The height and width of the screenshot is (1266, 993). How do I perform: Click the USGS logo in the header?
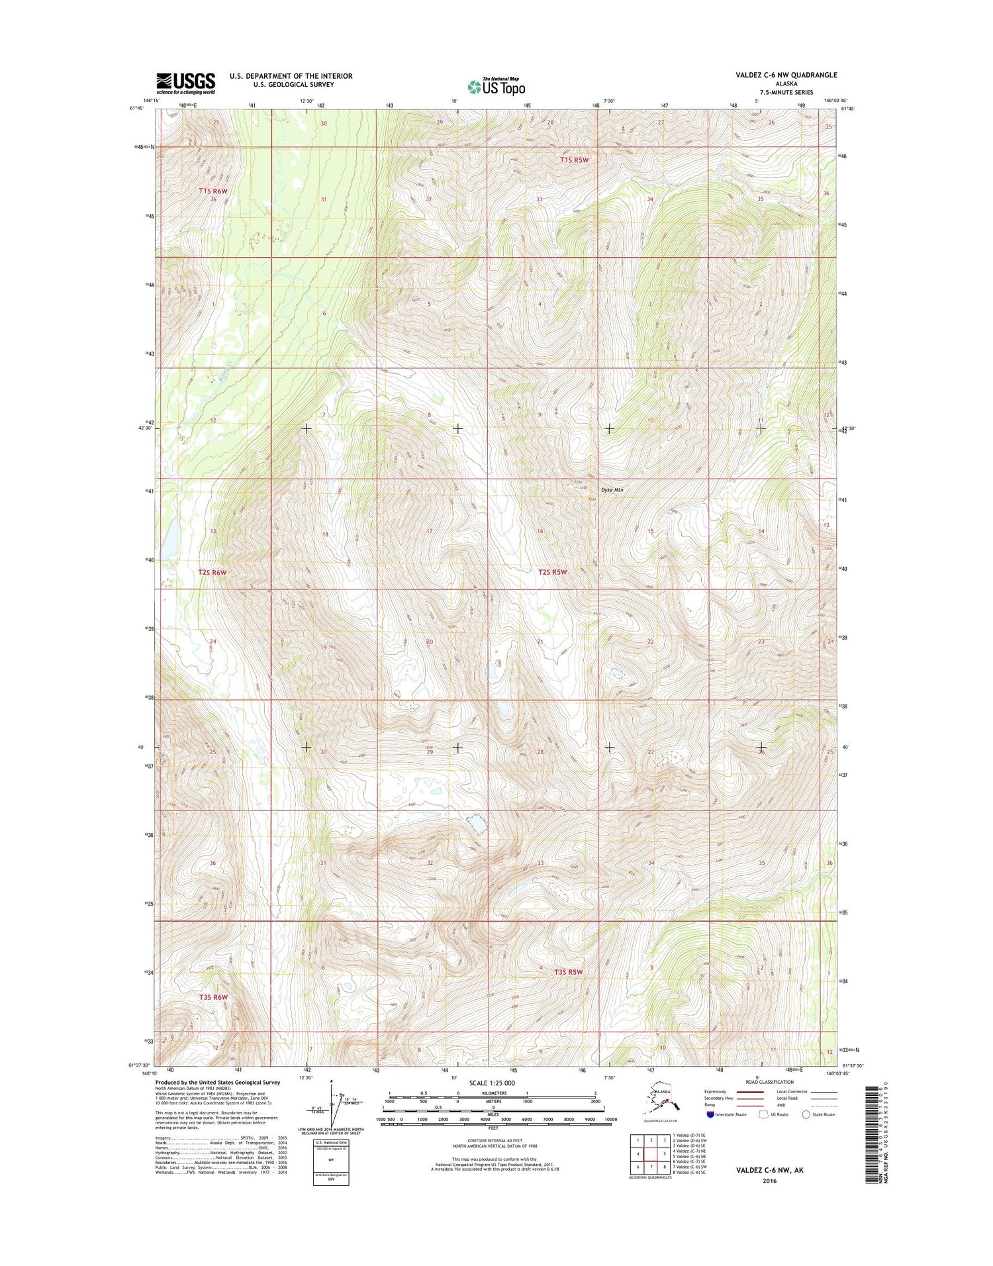pyautogui.click(x=186, y=83)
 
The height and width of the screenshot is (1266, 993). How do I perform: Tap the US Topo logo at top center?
pyautogui.click(x=496, y=87)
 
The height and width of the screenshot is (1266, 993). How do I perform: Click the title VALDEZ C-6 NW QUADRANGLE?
pyautogui.click(x=786, y=75)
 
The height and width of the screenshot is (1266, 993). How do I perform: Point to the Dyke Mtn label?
pyautogui.click(x=612, y=490)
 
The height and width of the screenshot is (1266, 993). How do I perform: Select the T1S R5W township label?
pyautogui.click(x=574, y=160)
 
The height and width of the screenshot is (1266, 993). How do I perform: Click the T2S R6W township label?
pyautogui.click(x=212, y=572)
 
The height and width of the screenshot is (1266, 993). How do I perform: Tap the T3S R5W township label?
pyautogui.click(x=569, y=972)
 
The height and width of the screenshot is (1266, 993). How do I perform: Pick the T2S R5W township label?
pyautogui.click(x=553, y=572)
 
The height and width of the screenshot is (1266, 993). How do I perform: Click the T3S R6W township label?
pyautogui.click(x=213, y=997)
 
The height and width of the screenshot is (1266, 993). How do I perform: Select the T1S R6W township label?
pyautogui.click(x=213, y=191)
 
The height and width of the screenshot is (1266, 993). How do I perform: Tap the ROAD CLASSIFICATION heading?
pyautogui.click(x=769, y=1082)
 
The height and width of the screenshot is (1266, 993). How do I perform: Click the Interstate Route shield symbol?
pyautogui.click(x=710, y=1114)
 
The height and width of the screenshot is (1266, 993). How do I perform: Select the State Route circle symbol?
pyautogui.click(x=806, y=1114)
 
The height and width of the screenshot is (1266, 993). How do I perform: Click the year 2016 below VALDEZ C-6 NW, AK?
pyautogui.click(x=769, y=1181)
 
